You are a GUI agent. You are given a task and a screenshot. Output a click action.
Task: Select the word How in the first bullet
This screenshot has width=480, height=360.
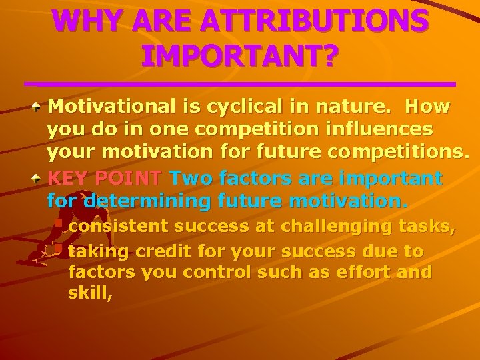point(427,107)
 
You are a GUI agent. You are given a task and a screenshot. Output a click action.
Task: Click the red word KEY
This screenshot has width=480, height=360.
point(69,179)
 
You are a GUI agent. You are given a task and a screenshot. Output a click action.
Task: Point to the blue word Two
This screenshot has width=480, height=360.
point(192,179)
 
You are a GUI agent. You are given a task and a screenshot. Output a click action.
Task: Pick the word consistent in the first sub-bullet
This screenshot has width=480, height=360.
point(118,227)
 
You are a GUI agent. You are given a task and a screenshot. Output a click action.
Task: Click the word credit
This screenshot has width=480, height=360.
point(154,252)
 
